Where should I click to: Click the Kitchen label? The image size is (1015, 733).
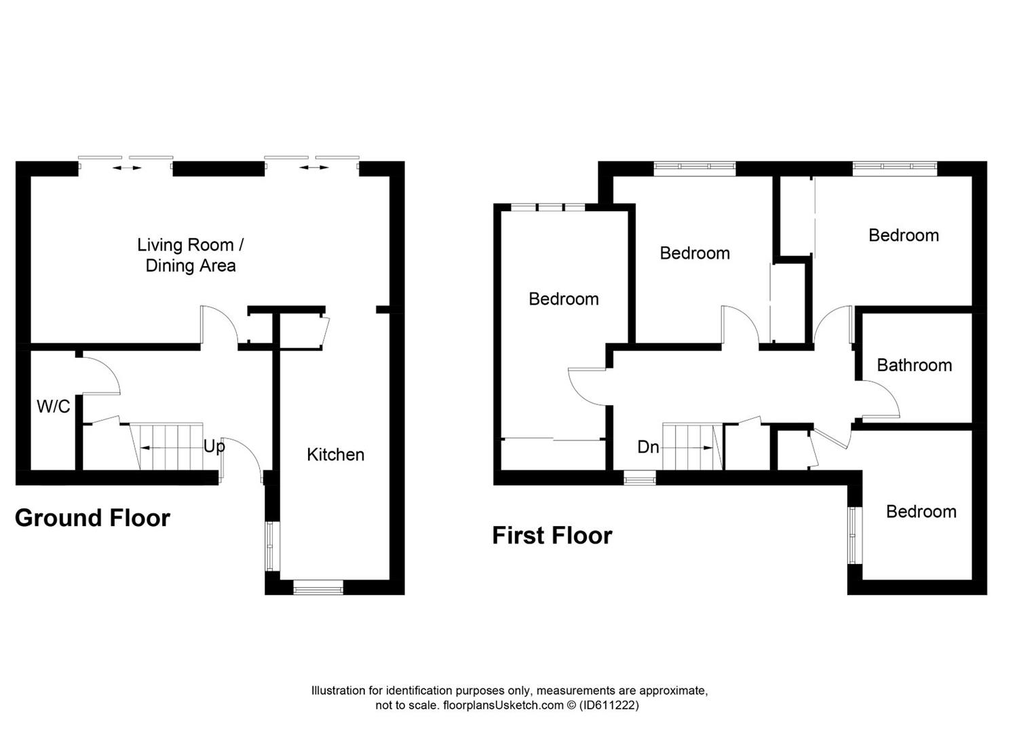tap(335, 455)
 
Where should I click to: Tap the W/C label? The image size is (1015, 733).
tap(54, 407)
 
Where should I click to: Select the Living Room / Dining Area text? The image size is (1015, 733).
tap(191, 255)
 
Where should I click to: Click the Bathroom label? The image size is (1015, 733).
tap(915, 365)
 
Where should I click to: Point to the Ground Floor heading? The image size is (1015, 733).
tap(92, 518)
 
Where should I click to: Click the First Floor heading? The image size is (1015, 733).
tap(552, 535)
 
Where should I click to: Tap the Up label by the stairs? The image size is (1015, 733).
tap(214, 447)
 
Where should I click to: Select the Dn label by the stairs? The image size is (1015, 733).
tap(648, 447)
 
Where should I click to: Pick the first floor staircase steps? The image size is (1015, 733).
tap(692, 447)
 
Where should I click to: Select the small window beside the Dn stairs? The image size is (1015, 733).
tap(639, 478)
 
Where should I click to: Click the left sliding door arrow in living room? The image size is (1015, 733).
tap(127, 168)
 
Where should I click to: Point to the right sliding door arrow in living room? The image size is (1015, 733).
tap(314, 168)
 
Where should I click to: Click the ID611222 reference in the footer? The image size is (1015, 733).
tap(609, 705)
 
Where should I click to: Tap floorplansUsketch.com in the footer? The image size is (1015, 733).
tap(503, 705)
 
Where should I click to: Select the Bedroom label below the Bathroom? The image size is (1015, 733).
tap(921, 512)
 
